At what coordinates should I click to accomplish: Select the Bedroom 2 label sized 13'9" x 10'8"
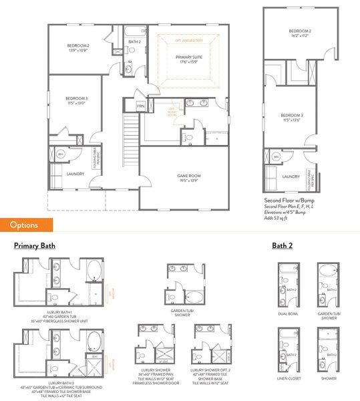point(78,47)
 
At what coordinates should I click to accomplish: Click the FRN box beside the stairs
point(141,106)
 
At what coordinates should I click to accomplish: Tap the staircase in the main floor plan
point(130,140)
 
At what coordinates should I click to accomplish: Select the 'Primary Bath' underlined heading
point(34,246)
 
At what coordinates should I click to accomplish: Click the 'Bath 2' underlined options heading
point(283,246)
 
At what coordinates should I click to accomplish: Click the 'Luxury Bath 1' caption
point(61,311)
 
